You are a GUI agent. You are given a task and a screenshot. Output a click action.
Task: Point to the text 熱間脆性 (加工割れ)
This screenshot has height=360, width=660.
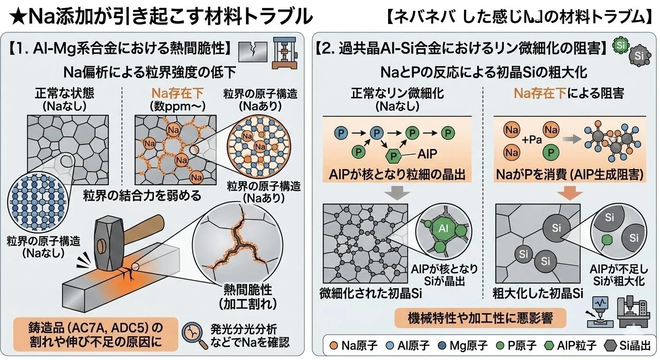pos(242,296)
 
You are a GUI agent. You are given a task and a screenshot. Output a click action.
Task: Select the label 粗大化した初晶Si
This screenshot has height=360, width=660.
pos(538,294)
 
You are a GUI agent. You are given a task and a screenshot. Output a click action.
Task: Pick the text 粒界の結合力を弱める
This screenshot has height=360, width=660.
pos(142,195)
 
